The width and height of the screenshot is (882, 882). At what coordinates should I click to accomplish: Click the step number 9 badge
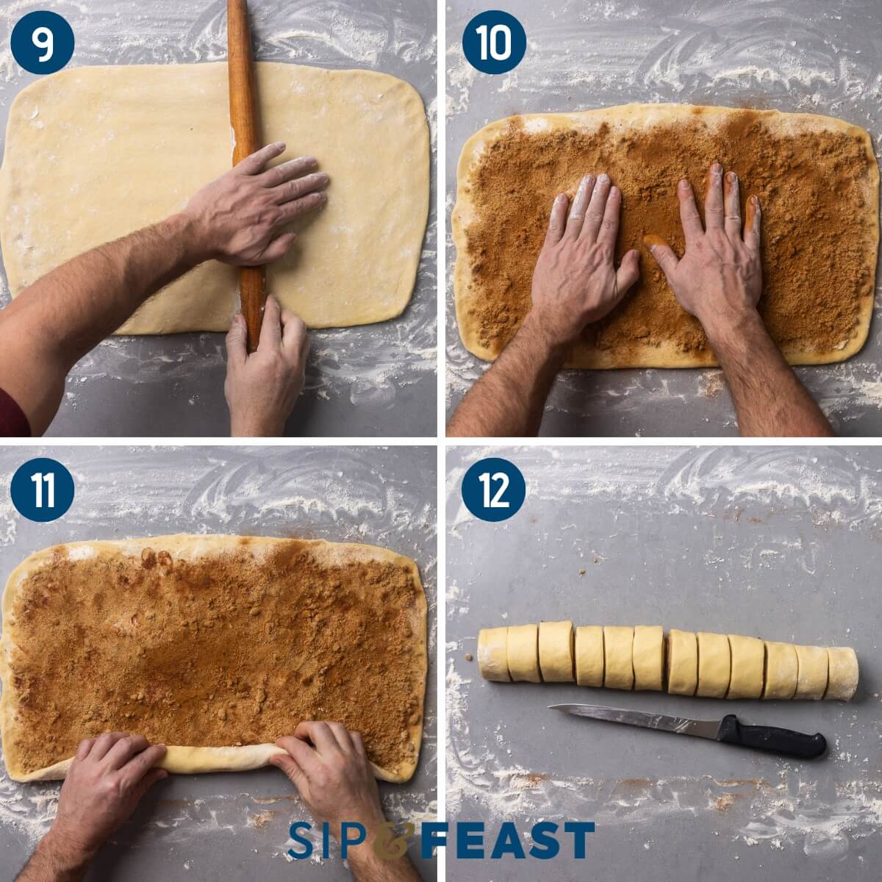pyautogui.click(x=42, y=42)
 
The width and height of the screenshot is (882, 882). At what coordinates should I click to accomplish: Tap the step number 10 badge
pyautogui.click(x=493, y=42)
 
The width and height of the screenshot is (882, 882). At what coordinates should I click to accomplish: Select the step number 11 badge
pyautogui.click(x=42, y=490)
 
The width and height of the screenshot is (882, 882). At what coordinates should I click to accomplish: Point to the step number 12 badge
pyautogui.click(x=493, y=490)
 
